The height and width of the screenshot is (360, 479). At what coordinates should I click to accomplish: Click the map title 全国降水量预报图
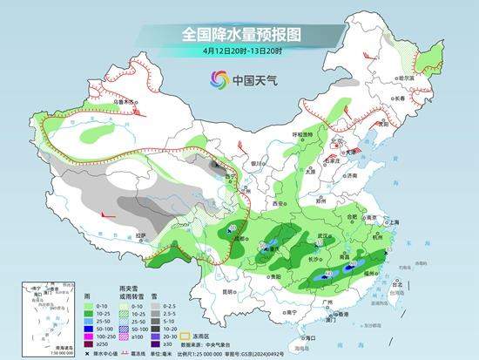click(239, 35)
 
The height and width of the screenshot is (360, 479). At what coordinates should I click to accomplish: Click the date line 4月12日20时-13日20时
click(239, 52)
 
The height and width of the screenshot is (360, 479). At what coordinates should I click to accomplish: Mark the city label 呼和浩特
click(301, 135)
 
